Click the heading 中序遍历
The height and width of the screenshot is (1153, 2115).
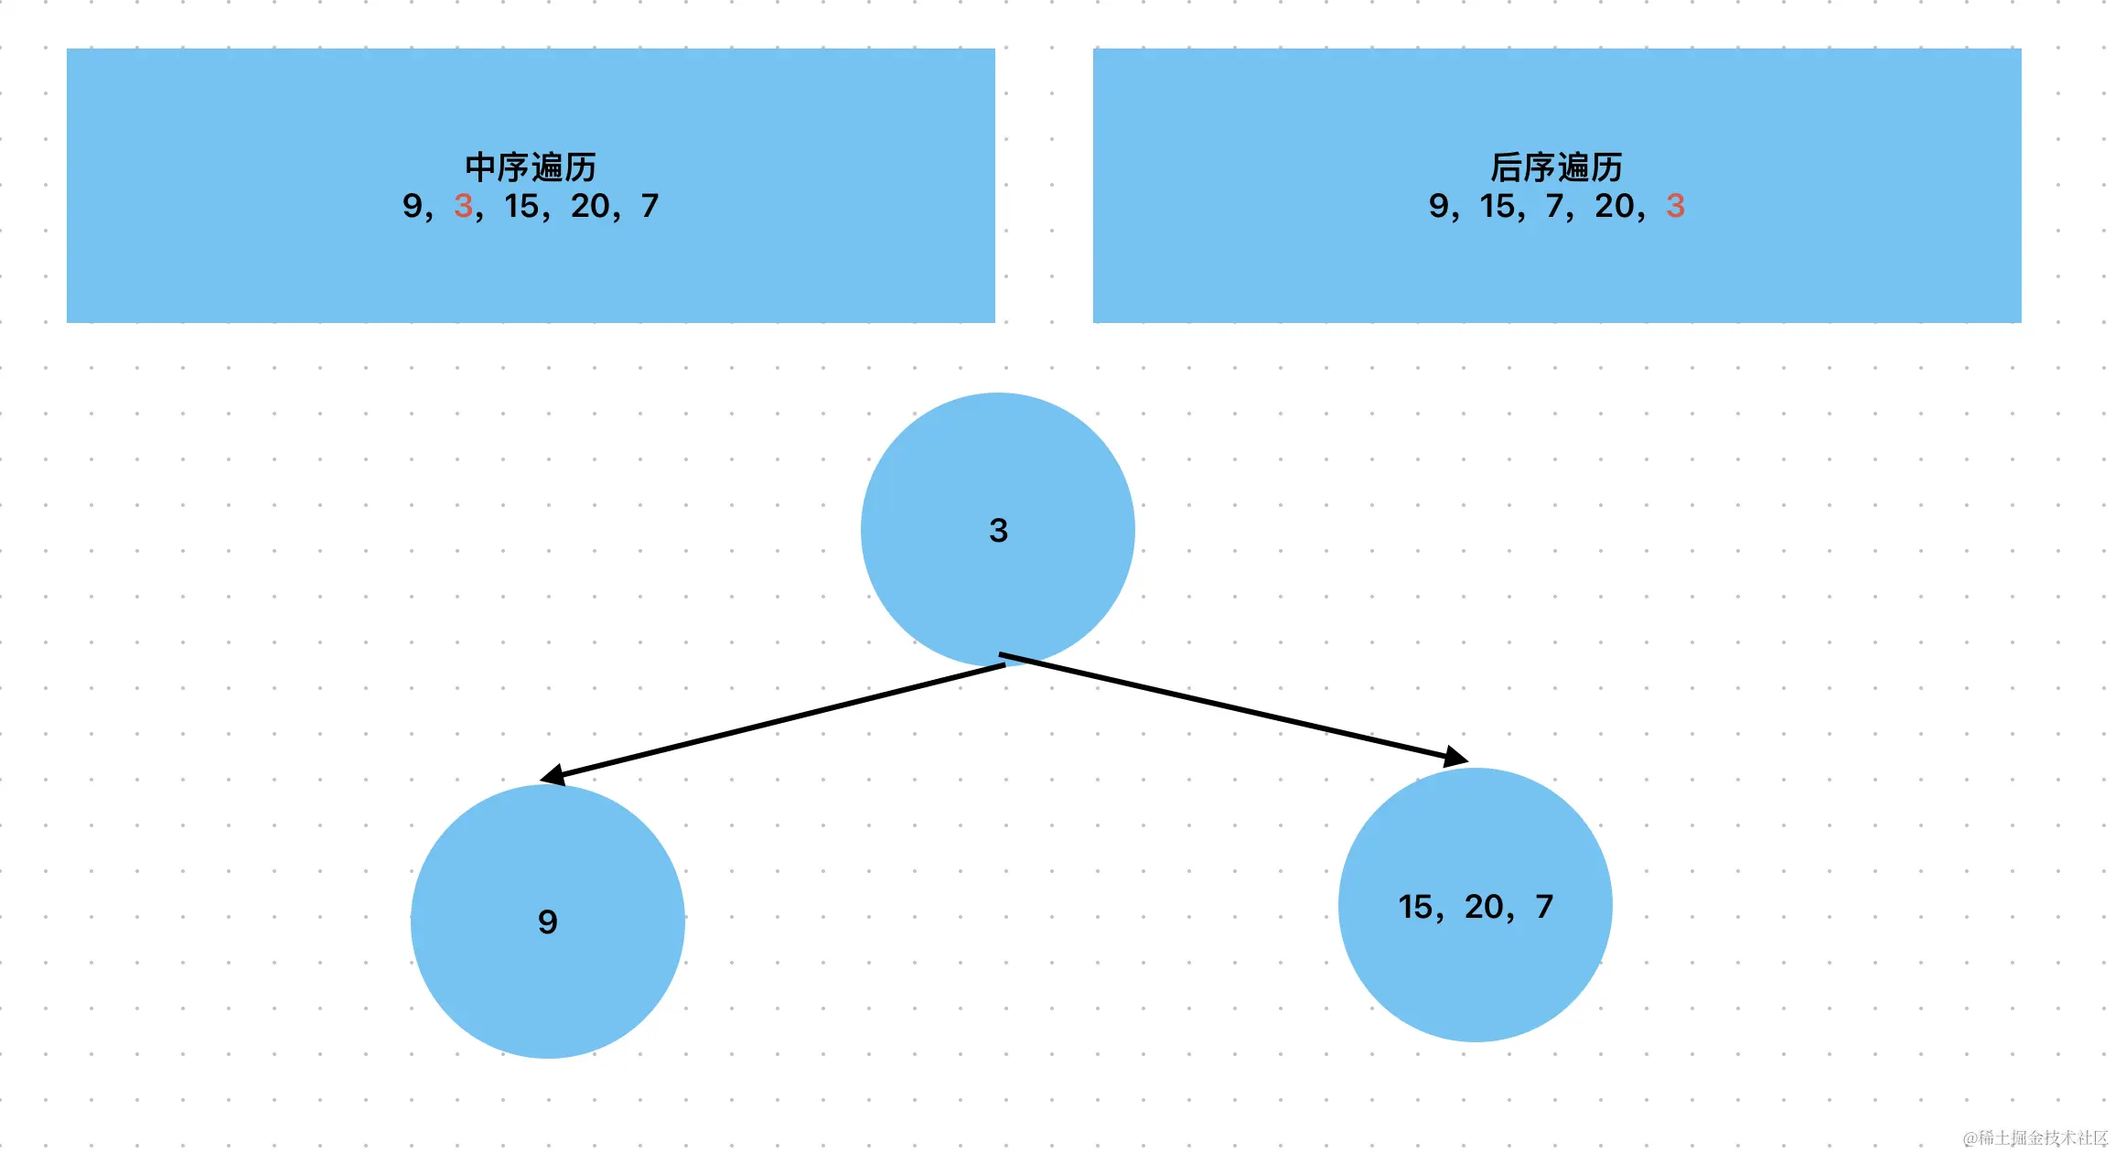click(x=530, y=167)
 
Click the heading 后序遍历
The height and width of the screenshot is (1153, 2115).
click(x=1556, y=167)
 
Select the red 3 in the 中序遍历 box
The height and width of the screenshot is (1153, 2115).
click(x=463, y=206)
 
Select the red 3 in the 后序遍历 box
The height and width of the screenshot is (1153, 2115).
click(x=1675, y=206)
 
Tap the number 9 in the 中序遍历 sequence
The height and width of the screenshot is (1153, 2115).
click(x=412, y=206)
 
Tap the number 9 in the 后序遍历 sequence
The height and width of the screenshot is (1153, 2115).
click(x=1438, y=206)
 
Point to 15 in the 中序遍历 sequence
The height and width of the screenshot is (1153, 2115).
click(x=521, y=206)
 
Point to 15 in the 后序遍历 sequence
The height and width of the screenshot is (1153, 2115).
click(x=1498, y=206)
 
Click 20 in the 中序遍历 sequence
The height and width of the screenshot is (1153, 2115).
click(x=590, y=206)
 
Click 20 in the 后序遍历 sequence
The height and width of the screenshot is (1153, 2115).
click(x=1614, y=206)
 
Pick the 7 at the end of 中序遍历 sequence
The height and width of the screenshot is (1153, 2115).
click(x=650, y=206)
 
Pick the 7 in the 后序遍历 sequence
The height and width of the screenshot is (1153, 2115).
click(x=1554, y=206)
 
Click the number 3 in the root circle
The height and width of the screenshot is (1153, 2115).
click(x=998, y=531)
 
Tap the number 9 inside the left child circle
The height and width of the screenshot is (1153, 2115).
click(x=547, y=921)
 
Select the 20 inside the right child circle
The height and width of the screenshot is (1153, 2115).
click(x=1484, y=907)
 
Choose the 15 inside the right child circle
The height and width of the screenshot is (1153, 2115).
click(x=1415, y=907)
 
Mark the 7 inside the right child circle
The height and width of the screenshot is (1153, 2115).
click(x=1544, y=907)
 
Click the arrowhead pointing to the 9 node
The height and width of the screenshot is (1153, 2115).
click(x=553, y=776)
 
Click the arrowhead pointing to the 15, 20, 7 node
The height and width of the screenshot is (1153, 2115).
click(x=1456, y=758)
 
